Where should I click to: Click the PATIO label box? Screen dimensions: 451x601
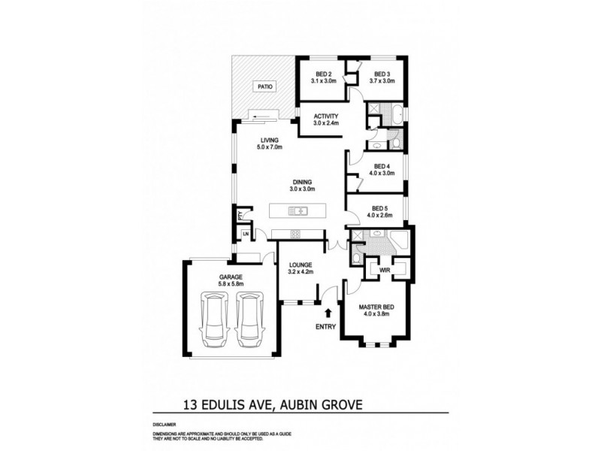(264, 87)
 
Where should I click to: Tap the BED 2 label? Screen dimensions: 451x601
(324, 74)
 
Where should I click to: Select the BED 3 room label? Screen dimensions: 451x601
(382, 74)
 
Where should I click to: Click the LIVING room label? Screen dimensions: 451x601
(270, 141)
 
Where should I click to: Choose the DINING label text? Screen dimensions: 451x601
(301, 182)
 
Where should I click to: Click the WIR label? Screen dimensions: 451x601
(384, 269)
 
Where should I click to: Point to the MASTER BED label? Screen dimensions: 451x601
(376, 308)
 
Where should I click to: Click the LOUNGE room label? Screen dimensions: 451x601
(300, 265)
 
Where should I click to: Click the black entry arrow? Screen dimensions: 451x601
(328, 310)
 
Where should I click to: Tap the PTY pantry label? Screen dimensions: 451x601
(240, 216)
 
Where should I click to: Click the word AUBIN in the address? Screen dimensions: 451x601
(306, 405)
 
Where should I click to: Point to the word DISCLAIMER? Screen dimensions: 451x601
(163, 425)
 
